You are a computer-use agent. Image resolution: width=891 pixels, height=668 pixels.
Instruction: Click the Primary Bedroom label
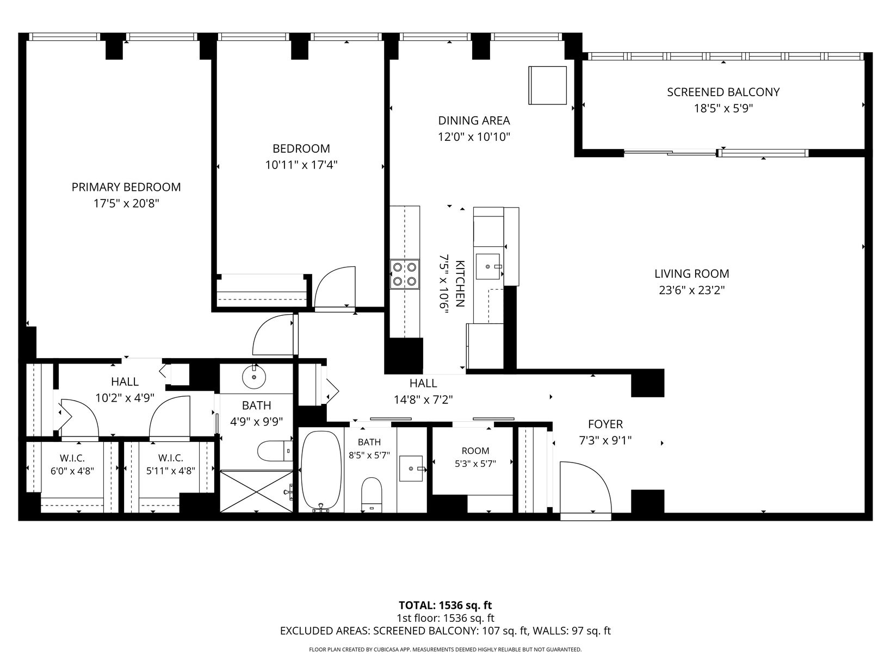tap(126, 187)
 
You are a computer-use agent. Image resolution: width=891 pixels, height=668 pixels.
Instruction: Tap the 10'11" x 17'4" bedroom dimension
tap(301, 165)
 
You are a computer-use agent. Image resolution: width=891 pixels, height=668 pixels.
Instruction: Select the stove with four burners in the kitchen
tap(405, 274)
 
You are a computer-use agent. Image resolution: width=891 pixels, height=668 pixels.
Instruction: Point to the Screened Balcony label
tap(723, 92)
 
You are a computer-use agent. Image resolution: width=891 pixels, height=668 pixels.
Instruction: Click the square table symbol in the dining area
tap(547, 85)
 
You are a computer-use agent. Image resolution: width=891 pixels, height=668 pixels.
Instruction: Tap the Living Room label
tap(692, 274)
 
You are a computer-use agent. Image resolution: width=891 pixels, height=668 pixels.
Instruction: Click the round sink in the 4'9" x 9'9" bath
tap(254, 376)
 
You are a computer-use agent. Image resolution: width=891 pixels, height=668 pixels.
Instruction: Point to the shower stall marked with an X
tap(257, 491)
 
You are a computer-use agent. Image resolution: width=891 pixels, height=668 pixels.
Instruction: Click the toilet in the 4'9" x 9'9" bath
tap(275, 451)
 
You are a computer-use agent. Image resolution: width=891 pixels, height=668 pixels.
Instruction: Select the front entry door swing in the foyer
tap(585, 488)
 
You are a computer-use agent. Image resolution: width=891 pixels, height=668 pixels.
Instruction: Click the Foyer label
tap(605, 424)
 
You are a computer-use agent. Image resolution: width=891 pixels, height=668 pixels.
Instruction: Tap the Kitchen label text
tap(460, 284)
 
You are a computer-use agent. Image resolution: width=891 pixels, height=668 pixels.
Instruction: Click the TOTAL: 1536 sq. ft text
tap(445, 605)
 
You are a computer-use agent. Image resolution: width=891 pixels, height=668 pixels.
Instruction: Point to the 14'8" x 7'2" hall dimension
tap(423, 400)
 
